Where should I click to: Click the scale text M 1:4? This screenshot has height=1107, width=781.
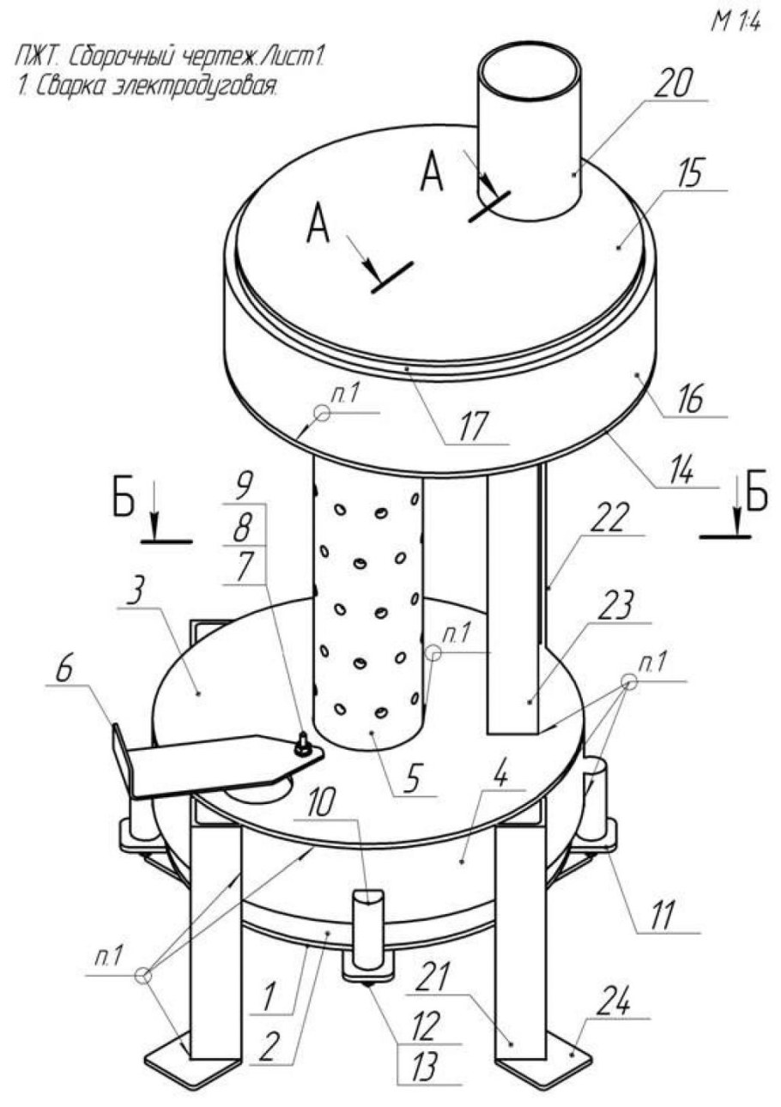[x=735, y=24]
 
